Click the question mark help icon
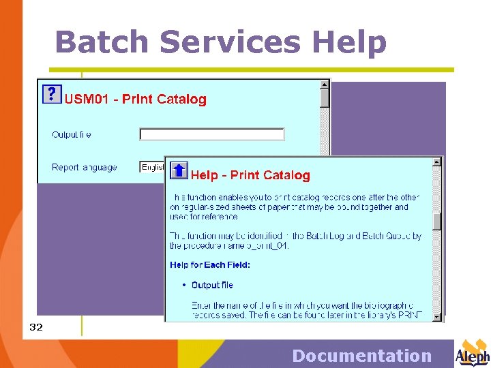(x=52, y=93)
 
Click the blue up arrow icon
(x=178, y=170)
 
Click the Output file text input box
(x=212, y=134)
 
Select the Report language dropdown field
(x=152, y=167)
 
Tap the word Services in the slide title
(x=230, y=42)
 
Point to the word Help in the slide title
(x=349, y=42)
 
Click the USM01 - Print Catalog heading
(x=135, y=99)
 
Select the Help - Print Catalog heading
(x=250, y=176)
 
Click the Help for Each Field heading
(x=210, y=264)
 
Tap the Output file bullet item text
(x=212, y=285)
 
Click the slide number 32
(x=36, y=327)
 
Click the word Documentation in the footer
(x=361, y=356)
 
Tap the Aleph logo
(x=473, y=352)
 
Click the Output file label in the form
(x=72, y=134)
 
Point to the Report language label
(x=85, y=167)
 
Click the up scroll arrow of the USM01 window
(x=325, y=85)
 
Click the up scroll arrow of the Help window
(x=437, y=162)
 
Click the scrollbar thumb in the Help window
(x=437, y=221)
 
